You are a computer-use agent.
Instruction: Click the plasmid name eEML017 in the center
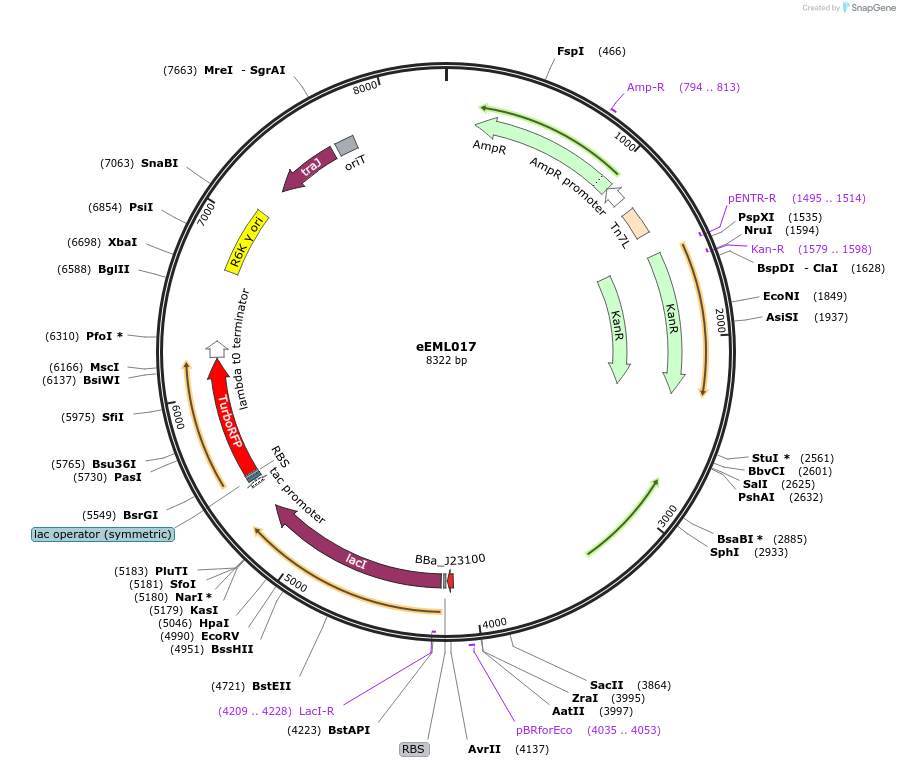point(447,346)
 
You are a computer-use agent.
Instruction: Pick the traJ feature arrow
point(310,168)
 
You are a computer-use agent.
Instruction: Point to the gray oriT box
point(346,146)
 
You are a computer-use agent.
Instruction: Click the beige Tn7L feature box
point(635,223)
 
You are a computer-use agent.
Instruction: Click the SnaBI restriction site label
point(160,163)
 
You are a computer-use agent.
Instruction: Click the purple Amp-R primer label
point(646,87)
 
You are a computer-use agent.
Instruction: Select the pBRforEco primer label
point(544,730)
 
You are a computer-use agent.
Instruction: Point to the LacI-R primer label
point(316,711)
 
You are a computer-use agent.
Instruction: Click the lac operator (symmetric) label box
point(103,534)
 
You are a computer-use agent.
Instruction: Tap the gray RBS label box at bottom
point(414,748)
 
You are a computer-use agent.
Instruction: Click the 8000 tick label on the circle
point(367,88)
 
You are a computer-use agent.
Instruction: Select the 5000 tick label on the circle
point(295,581)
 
